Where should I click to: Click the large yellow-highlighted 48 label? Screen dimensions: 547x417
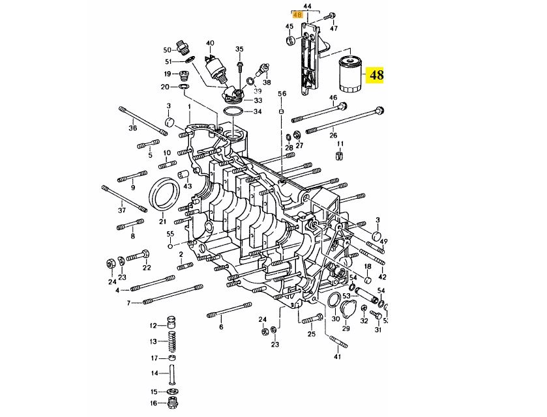(375, 75)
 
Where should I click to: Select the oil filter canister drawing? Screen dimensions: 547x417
(351, 75)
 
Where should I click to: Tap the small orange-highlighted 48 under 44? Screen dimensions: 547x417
(297, 15)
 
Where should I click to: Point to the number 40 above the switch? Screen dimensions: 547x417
(210, 43)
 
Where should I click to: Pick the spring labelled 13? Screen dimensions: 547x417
(171, 341)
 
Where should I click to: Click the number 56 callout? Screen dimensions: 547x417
(282, 93)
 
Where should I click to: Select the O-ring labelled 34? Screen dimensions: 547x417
(232, 112)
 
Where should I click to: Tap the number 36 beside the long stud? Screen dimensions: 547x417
(132, 128)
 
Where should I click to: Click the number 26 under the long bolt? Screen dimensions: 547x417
(333, 136)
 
